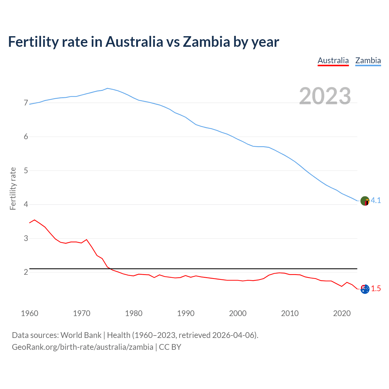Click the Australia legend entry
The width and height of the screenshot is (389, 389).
(x=333, y=60)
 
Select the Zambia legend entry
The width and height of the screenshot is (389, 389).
(x=368, y=60)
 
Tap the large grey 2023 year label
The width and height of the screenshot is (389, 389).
(x=325, y=96)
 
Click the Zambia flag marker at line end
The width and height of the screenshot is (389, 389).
(x=365, y=201)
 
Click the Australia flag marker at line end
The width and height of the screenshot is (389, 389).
(x=365, y=289)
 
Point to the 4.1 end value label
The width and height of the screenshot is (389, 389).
(x=376, y=201)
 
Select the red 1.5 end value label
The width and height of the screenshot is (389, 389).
(x=376, y=289)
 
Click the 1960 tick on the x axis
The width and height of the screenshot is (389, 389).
(x=29, y=313)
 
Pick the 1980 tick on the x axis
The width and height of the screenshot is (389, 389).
(x=134, y=313)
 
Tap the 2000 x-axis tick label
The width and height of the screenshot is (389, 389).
(x=238, y=313)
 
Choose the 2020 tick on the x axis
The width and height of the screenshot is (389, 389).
(x=342, y=313)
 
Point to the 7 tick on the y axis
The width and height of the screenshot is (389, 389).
(x=26, y=103)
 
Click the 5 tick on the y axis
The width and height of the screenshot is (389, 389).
(x=26, y=171)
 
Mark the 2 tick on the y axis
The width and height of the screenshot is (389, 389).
(x=26, y=272)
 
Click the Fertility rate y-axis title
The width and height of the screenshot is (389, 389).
(x=13, y=188)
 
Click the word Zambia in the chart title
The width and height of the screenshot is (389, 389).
(x=206, y=42)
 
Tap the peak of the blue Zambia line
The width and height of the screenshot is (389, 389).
(x=107, y=88)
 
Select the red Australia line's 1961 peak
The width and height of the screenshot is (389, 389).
(x=35, y=220)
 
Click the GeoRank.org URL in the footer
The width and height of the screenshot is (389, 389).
(x=82, y=347)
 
